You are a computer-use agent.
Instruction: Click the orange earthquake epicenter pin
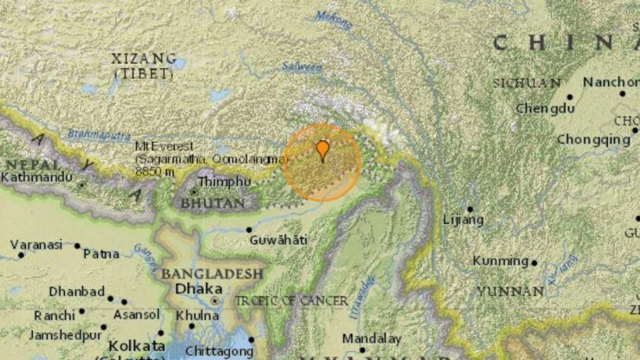pyautogui.click(x=322, y=151)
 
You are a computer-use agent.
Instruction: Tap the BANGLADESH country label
pyautogui.click(x=211, y=273)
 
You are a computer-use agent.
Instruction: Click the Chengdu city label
pyautogui.click(x=545, y=108)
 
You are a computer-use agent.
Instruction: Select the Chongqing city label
pyautogui.click(x=593, y=138)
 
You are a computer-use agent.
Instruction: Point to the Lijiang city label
pyautogui.click(x=463, y=220)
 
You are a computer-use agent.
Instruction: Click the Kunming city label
pyautogui.click(x=501, y=260)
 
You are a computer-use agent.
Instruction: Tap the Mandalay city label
pyautogui.click(x=372, y=338)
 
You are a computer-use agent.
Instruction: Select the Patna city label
pyautogui.click(x=101, y=254)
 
